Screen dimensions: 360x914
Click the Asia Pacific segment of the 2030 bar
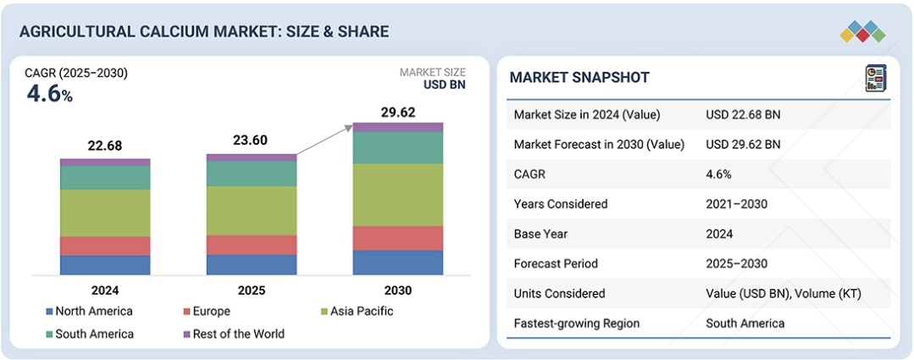tap(398, 194)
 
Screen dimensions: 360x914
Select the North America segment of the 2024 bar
tap(105, 265)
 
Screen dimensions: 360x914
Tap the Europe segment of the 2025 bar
tap(252, 245)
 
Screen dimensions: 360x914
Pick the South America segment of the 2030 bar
tap(398, 147)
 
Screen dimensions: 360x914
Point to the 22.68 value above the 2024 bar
tap(105, 146)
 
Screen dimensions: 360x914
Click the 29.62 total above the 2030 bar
tap(398, 112)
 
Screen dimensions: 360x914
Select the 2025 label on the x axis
tap(252, 291)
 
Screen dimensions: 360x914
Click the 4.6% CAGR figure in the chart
tap(49, 94)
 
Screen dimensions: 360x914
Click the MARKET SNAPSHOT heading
tap(579, 78)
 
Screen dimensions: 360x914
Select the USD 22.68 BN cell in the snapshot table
tap(743, 115)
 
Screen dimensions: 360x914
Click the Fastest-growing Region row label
tap(577, 323)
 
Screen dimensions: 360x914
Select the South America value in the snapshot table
tap(745, 323)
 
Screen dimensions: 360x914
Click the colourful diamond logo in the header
tap(862, 31)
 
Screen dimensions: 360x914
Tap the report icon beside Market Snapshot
tap(875, 78)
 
